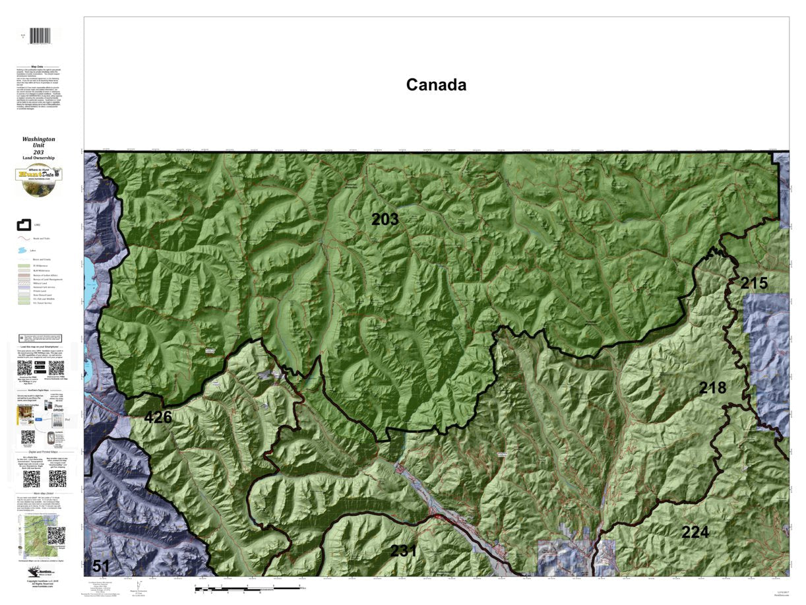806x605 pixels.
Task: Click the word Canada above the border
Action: [436, 85]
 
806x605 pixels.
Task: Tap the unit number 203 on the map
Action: [385, 220]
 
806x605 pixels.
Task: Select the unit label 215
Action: [753, 284]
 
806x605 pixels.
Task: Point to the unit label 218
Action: [712, 388]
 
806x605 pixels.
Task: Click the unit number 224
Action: [695, 532]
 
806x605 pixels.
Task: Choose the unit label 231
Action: [403, 551]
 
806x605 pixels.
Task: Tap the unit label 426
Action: [158, 418]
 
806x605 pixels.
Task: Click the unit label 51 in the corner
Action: [100, 566]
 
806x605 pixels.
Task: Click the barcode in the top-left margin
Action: [41, 36]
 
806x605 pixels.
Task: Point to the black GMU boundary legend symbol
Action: [24, 226]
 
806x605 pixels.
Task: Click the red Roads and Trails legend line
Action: [24, 239]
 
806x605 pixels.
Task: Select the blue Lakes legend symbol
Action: [24, 251]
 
